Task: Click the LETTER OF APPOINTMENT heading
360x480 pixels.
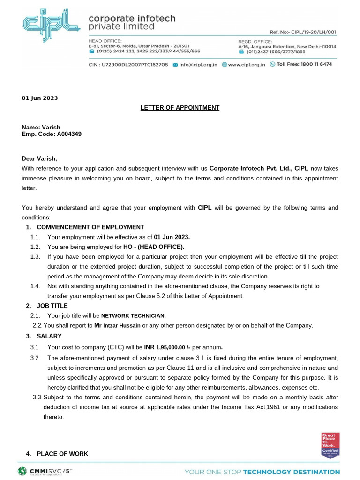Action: coord(180,108)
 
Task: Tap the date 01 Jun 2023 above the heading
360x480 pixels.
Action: coord(40,98)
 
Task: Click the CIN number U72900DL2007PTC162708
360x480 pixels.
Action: coord(136,64)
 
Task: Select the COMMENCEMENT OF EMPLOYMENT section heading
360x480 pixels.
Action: coord(90,227)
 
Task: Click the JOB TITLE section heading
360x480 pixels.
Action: coord(52,306)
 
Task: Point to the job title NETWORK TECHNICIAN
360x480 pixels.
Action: coord(134,316)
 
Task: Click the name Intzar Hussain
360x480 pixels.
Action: coord(121,326)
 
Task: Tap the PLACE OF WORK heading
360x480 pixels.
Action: coord(62,454)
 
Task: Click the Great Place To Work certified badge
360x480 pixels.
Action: coord(330,445)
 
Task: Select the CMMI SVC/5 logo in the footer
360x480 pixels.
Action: coord(45,471)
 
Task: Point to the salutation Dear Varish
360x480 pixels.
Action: coord(39,158)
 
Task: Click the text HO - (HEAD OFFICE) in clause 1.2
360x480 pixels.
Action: coord(154,247)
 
